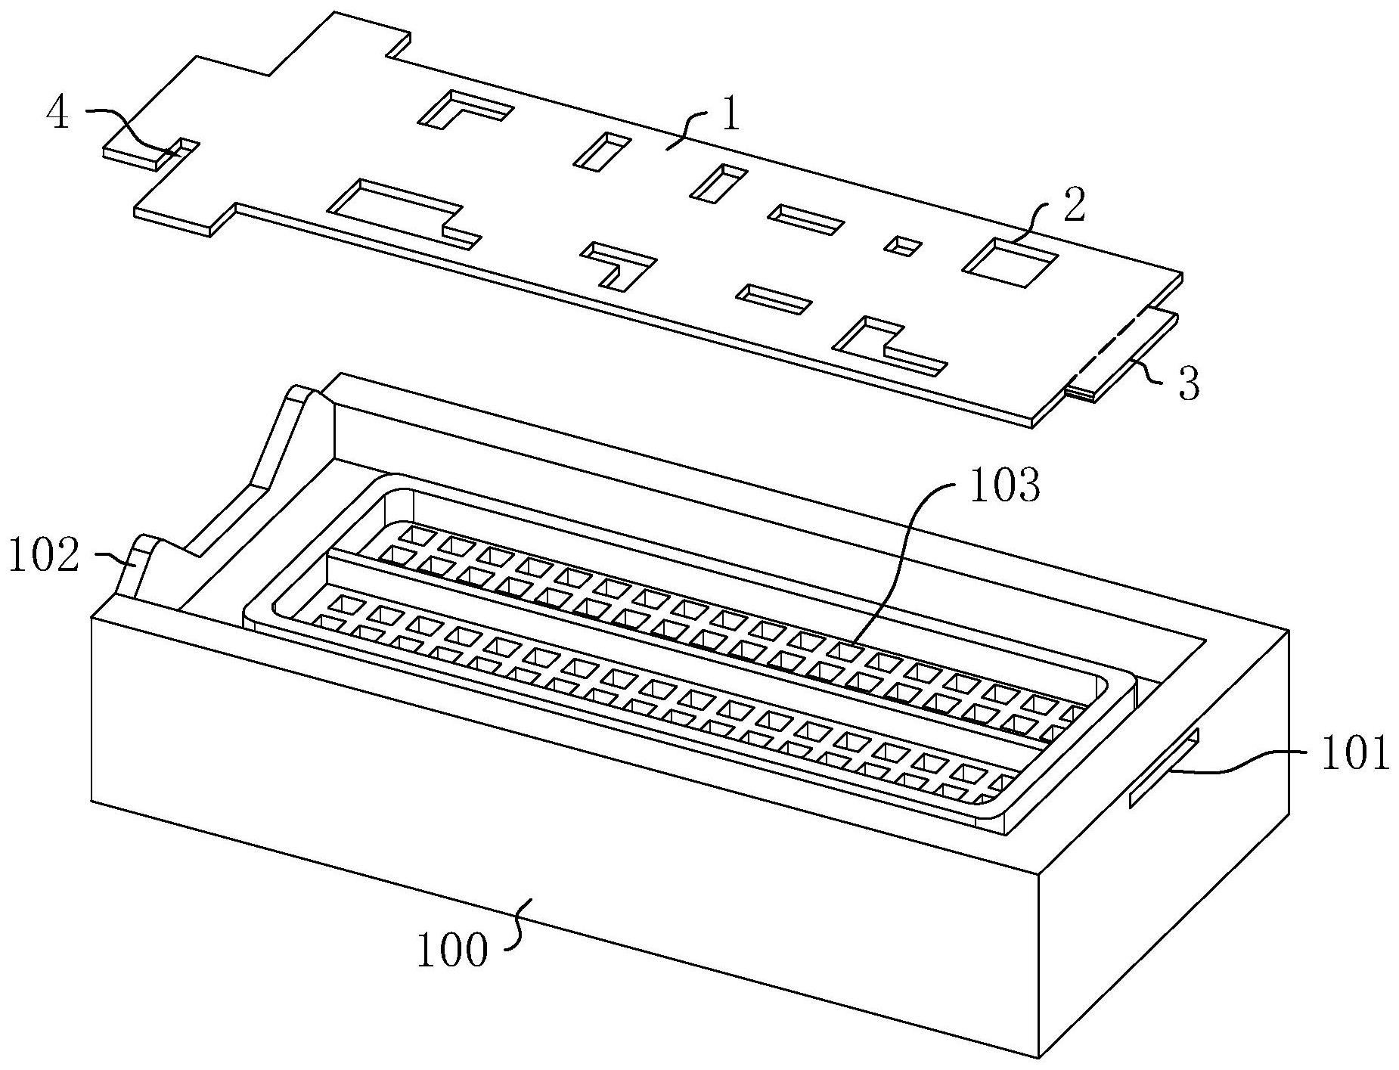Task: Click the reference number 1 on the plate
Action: [x=730, y=119]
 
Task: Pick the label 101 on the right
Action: [x=1354, y=755]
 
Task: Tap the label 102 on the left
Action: [x=43, y=557]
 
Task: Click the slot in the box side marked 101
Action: [x=1163, y=769]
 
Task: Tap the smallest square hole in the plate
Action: [x=904, y=245]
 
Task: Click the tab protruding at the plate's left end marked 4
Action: [x=136, y=154]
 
